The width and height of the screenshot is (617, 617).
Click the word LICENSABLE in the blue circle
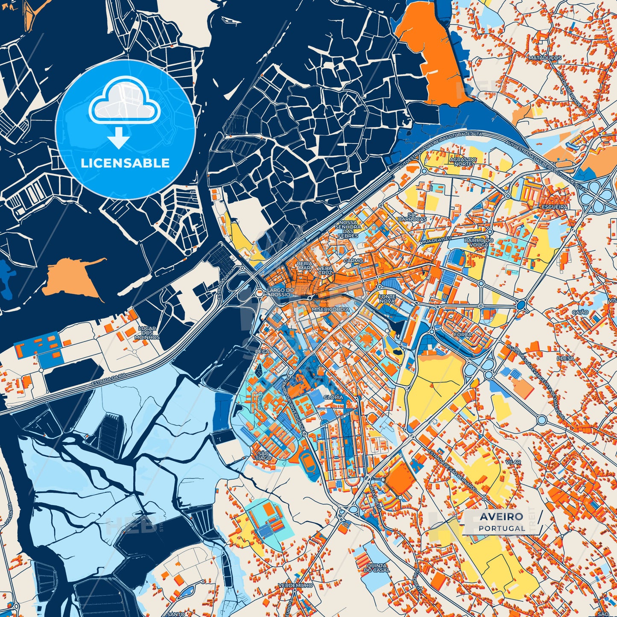pyautogui.click(x=126, y=163)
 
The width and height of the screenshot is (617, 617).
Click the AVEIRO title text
pyautogui.click(x=501, y=517)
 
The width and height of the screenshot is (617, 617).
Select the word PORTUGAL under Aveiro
pyautogui.click(x=502, y=528)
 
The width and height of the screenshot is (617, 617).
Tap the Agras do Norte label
pyautogui.click(x=463, y=161)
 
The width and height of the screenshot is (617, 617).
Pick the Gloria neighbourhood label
pyautogui.click(x=333, y=397)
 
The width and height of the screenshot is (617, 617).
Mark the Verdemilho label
pyautogui.click(x=295, y=585)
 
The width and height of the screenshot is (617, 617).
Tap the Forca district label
pyautogui.click(x=463, y=335)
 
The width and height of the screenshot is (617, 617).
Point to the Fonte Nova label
pyautogui.click(x=387, y=299)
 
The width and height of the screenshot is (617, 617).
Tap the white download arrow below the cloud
pyautogui.click(x=118, y=138)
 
